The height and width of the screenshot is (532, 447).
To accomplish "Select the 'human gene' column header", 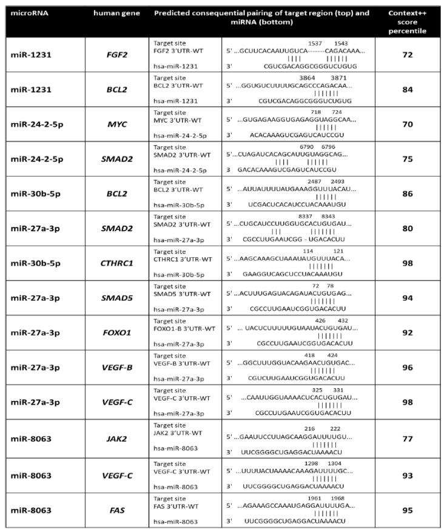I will click(116, 12).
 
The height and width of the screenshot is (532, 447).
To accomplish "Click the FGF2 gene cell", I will click(116, 55).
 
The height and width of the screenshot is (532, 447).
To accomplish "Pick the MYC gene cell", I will click(116, 124).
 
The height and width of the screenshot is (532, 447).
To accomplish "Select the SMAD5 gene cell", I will click(116, 298).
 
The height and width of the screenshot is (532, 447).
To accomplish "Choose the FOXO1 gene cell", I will click(116, 332).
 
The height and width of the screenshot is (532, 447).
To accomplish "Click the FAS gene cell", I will click(116, 510).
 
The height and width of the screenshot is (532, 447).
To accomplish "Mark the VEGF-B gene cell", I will click(116, 367).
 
